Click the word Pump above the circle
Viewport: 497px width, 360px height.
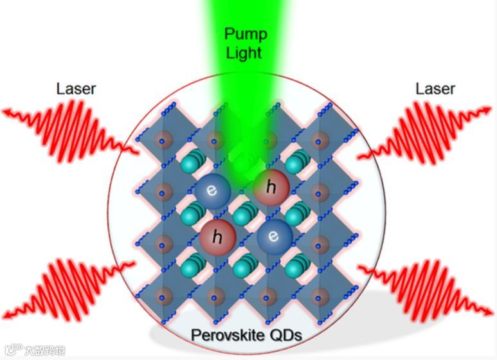click(244, 33)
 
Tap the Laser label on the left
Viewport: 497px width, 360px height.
click(77, 89)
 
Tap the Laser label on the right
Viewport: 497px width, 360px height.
click(435, 89)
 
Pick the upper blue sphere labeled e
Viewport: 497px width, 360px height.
click(212, 192)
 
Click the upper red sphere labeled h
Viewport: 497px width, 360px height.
click(271, 188)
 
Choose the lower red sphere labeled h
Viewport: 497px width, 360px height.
click(216, 237)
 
